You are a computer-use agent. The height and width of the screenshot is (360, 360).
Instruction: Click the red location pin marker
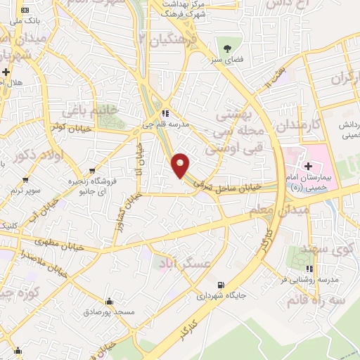point(181,165)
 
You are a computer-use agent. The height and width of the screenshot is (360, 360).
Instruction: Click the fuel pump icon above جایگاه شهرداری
point(222,285)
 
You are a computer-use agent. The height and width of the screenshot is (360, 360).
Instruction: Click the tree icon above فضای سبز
point(227,48)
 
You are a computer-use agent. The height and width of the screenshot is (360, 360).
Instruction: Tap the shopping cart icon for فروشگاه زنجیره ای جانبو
point(94,170)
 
